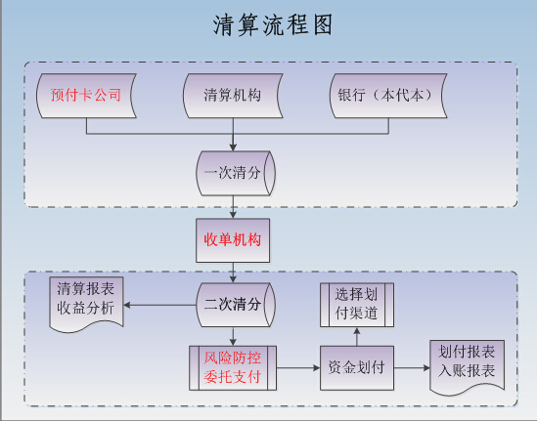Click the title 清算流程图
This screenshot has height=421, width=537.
(273, 25)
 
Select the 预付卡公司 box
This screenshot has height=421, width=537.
(86, 96)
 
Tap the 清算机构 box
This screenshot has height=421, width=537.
(233, 96)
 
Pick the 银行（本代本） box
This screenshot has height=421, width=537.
(388, 96)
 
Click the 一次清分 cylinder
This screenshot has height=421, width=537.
(236, 174)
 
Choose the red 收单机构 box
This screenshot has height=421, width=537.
(233, 240)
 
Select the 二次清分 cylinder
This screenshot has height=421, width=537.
(236, 305)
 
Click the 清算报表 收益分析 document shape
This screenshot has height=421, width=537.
(86, 304)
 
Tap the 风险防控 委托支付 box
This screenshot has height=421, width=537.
(233, 368)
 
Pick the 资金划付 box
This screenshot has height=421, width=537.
(357, 368)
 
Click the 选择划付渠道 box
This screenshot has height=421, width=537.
(357, 305)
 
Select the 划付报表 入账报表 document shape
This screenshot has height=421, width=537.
(468, 366)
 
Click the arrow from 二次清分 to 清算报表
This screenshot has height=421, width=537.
(159, 305)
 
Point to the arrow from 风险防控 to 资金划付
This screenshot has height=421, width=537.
(298, 368)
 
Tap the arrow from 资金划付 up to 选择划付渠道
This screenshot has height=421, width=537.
(357, 337)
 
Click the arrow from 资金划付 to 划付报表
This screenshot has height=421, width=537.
(412, 368)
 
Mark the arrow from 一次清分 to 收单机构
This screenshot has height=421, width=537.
(233, 207)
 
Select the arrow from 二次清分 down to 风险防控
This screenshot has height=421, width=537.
(233, 337)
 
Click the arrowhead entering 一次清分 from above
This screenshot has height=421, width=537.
(233, 147)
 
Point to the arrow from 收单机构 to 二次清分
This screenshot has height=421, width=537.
(233, 273)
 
